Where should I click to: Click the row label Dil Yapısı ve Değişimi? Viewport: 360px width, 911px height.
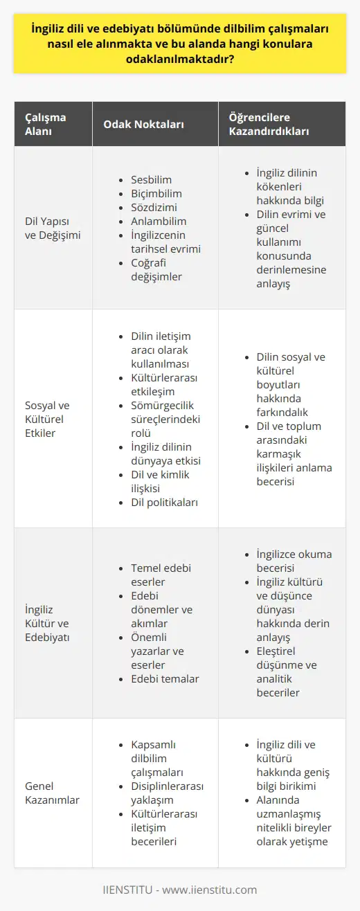click(x=53, y=228)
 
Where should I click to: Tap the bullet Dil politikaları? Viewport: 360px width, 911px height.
click(x=165, y=501)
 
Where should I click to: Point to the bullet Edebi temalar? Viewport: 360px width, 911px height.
click(x=165, y=678)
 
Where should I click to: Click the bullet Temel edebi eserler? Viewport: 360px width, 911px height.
click(x=161, y=575)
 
